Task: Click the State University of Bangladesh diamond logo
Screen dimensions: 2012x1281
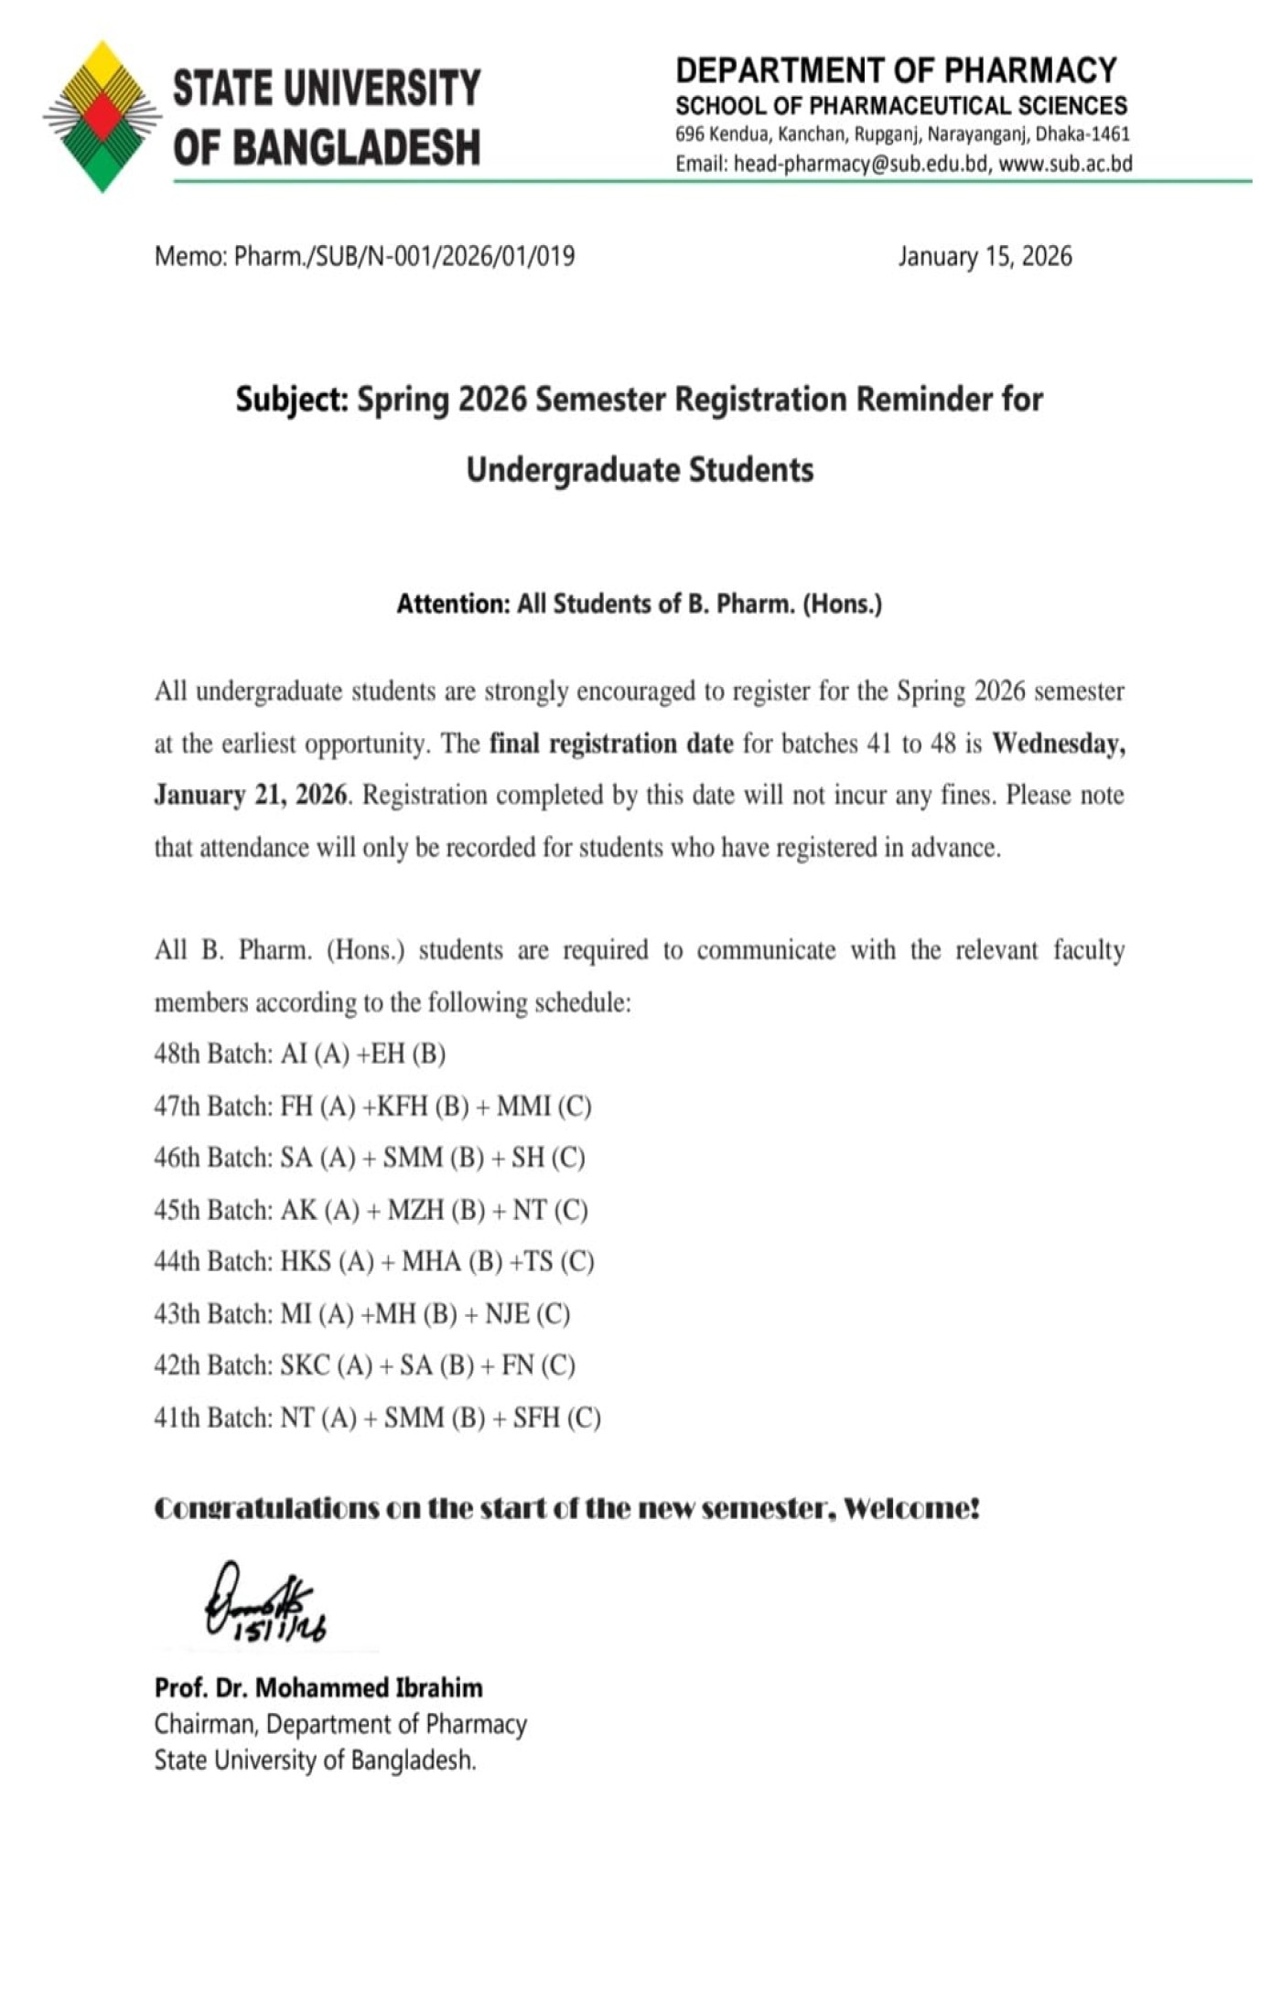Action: click(x=102, y=116)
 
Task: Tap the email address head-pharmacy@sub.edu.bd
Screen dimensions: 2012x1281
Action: click(x=861, y=165)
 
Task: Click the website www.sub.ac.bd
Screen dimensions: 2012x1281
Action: click(x=1065, y=165)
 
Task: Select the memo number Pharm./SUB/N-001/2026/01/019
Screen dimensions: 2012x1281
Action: click(x=404, y=256)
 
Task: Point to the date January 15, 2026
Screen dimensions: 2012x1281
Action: click(x=985, y=256)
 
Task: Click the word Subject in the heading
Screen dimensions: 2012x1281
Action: click(x=291, y=400)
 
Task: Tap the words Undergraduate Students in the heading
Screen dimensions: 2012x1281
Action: click(x=640, y=470)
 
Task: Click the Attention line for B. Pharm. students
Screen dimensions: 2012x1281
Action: click(x=639, y=604)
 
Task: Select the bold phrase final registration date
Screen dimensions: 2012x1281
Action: click(x=611, y=744)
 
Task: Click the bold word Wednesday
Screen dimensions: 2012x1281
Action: click(x=1058, y=744)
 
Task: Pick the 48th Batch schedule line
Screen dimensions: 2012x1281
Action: click(x=300, y=1054)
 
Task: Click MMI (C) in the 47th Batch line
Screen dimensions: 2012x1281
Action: click(x=544, y=1107)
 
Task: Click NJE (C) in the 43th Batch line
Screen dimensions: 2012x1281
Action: click(x=527, y=1314)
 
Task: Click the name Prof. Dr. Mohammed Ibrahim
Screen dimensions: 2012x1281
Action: click(x=318, y=1687)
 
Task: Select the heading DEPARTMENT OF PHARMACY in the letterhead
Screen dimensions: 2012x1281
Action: click(x=896, y=70)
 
